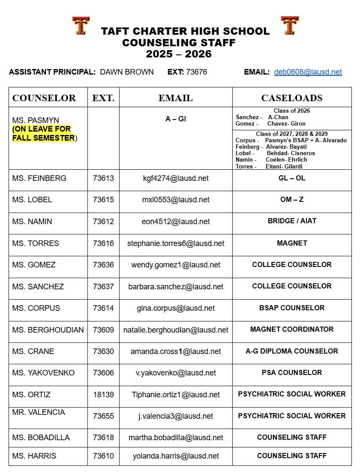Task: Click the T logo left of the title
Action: pyautogui.click(x=81, y=26)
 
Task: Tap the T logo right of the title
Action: pyautogui.click(x=290, y=26)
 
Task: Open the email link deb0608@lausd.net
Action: pyautogui.click(x=308, y=72)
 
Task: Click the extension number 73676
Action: pyautogui.click(x=196, y=72)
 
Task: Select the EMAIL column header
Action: pyautogui.click(x=176, y=98)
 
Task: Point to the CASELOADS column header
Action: pyautogui.click(x=292, y=98)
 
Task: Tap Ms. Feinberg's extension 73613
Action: pyautogui.click(x=103, y=178)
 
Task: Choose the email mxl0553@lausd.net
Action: pyautogui.click(x=176, y=200)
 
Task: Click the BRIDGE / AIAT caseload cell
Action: pyautogui.click(x=292, y=221)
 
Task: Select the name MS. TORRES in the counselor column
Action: pyautogui.click(x=36, y=243)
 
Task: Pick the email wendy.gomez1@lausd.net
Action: pyautogui.click(x=176, y=265)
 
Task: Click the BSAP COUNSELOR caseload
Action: pyautogui.click(x=292, y=308)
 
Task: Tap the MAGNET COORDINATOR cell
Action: pyautogui.click(x=292, y=329)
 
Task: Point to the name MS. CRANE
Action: pyautogui.click(x=33, y=351)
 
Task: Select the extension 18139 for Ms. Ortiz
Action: pyautogui.click(x=103, y=395)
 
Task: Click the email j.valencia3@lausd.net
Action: pyautogui.click(x=176, y=416)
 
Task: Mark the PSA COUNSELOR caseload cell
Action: pyautogui.click(x=292, y=372)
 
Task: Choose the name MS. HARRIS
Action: pyautogui.click(x=34, y=456)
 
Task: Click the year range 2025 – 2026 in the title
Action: pyautogui.click(x=179, y=54)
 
